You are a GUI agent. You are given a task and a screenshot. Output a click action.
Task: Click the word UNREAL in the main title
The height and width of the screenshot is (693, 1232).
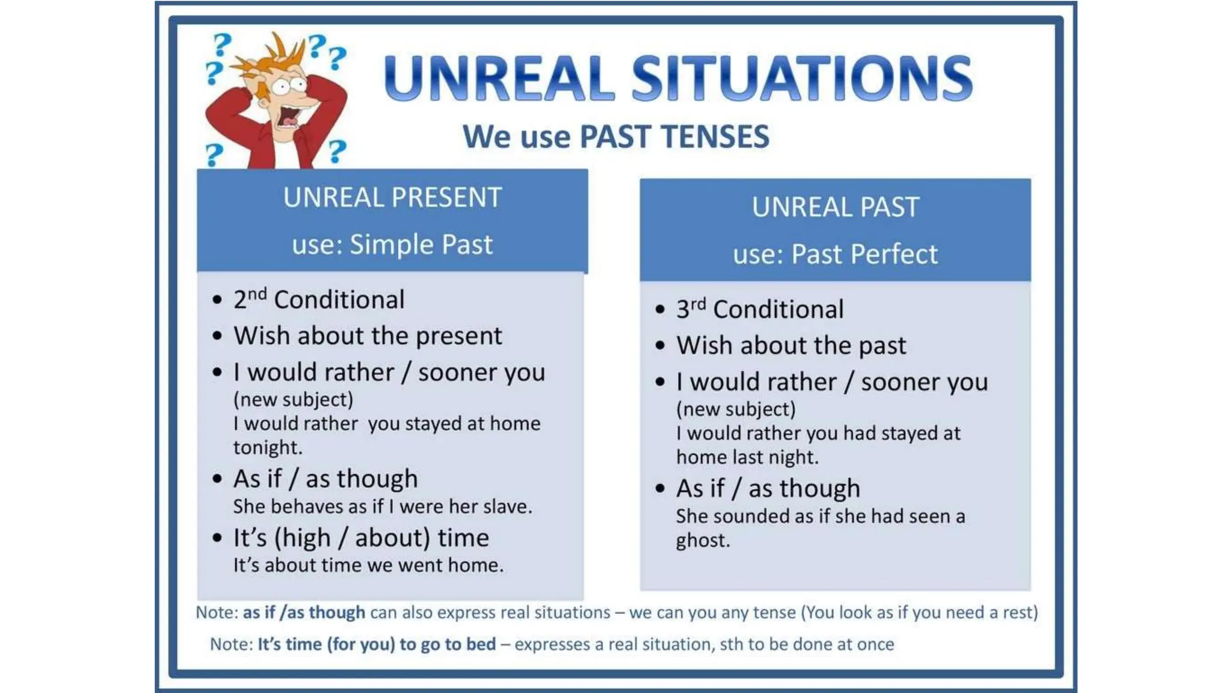tap(499, 78)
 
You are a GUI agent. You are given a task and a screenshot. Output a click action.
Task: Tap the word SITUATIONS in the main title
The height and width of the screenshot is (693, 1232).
tap(802, 78)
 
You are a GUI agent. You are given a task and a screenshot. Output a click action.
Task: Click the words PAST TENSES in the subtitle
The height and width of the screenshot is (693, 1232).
tap(674, 137)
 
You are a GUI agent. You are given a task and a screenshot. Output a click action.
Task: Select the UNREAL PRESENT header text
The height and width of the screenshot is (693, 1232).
tap(392, 198)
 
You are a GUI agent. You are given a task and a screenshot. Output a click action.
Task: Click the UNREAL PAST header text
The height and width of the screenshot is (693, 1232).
tap(835, 208)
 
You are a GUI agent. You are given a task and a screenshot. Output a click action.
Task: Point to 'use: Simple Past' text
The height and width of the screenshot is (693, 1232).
tap(392, 245)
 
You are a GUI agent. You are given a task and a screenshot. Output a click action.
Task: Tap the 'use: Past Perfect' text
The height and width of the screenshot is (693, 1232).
tap(835, 254)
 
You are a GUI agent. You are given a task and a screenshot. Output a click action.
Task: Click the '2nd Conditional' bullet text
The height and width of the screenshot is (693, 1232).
tap(319, 300)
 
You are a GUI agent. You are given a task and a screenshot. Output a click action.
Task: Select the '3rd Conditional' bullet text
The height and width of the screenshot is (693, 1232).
tap(760, 309)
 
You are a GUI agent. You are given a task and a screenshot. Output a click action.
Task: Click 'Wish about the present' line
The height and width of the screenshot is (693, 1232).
tap(368, 336)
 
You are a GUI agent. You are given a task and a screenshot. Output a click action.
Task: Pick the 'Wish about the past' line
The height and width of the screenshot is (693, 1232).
tap(791, 345)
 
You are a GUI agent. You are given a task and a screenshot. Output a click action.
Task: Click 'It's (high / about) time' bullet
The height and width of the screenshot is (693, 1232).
tap(361, 538)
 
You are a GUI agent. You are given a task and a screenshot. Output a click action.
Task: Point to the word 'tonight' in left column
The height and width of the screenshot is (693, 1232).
tap(266, 448)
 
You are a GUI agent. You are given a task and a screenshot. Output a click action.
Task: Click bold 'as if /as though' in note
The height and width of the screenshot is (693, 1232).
tap(304, 612)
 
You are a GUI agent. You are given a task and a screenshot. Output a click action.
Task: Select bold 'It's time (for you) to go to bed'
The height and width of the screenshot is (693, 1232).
tap(377, 644)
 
